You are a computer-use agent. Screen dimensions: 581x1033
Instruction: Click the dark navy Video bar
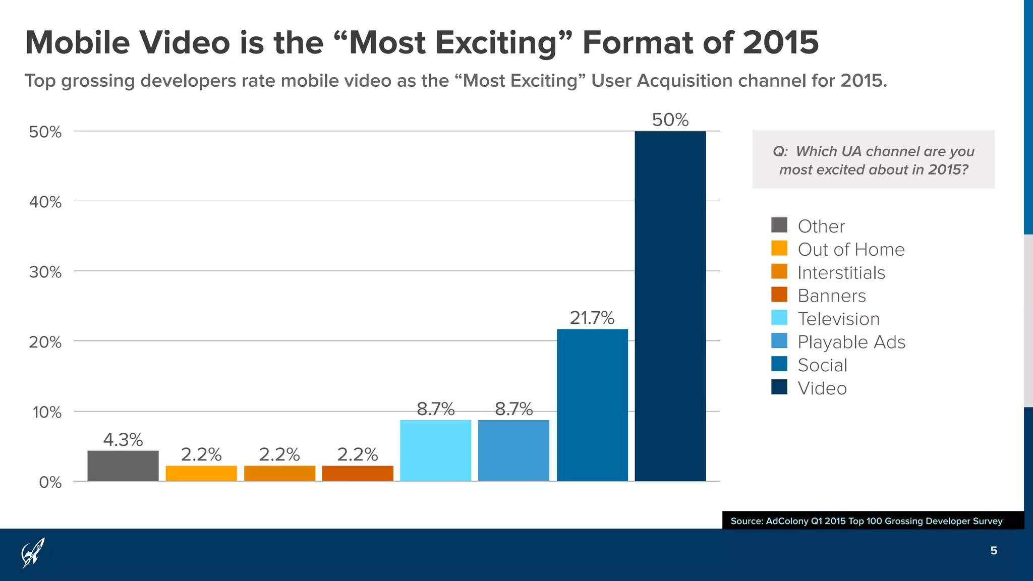click(x=670, y=306)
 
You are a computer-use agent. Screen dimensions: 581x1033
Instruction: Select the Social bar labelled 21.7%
click(x=592, y=405)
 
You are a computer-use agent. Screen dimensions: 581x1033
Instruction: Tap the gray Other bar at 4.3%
click(x=123, y=466)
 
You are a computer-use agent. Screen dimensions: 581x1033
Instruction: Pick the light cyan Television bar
click(x=435, y=450)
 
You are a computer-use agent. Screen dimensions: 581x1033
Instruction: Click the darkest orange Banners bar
click(x=358, y=473)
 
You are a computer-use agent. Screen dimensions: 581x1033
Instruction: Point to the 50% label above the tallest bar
click(x=670, y=120)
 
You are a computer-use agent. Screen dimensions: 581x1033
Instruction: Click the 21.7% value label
click(x=592, y=318)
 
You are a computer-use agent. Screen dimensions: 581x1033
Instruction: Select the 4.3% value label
click(x=123, y=440)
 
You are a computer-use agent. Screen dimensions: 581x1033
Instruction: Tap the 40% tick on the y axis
click(x=45, y=202)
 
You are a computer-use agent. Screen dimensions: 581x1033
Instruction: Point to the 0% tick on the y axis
click(x=50, y=483)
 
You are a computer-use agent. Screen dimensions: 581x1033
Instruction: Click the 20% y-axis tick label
click(x=45, y=342)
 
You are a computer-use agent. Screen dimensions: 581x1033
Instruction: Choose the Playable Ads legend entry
click(x=851, y=342)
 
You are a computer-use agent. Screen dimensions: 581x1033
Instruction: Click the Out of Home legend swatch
click(x=779, y=249)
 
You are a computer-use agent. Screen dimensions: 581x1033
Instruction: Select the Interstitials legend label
click(x=841, y=273)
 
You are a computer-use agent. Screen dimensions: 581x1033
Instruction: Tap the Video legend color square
click(x=779, y=387)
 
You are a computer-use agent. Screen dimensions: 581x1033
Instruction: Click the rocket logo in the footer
click(x=33, y=553)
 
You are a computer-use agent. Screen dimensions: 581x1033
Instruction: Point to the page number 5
click(x=993, y=551)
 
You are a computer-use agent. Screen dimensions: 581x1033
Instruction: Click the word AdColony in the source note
click(x=787, y=521)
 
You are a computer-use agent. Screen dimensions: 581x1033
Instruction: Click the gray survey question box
click(x=873, y=159)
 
